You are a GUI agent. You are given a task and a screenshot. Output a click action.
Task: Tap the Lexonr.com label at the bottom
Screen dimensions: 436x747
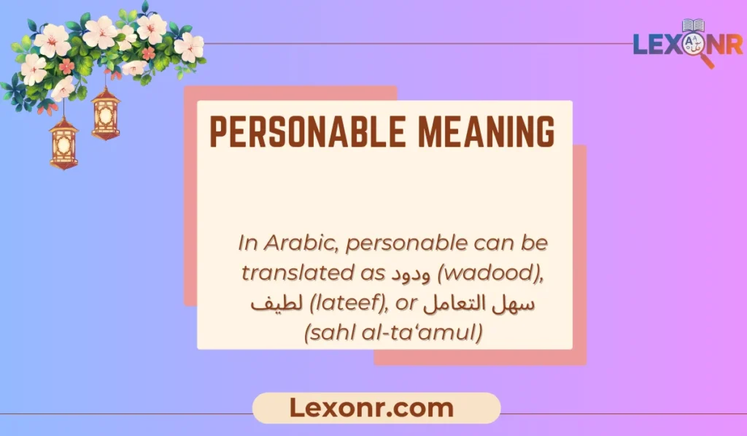coord(376,408)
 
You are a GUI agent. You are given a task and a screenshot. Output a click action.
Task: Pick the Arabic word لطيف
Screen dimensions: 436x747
coord(271,303)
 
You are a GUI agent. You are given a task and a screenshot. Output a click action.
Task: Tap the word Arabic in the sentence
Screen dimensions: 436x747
coord(298,242)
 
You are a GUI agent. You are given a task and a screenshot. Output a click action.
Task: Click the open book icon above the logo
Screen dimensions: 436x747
coord(692,26)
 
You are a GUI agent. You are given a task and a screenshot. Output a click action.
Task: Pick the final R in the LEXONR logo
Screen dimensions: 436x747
coord(732,45)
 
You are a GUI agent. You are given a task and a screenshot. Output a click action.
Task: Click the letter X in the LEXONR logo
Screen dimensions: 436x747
coord(676,45)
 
